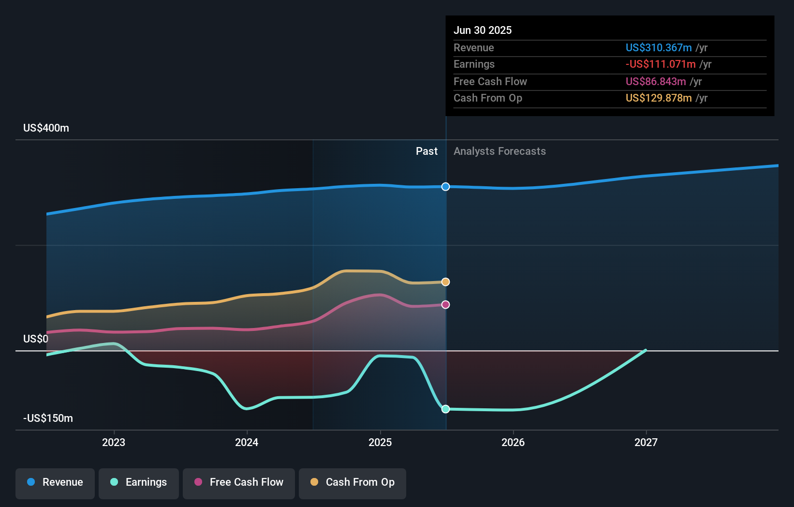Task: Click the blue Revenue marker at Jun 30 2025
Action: [445, 187]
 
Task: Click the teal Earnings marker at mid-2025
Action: [445, 409]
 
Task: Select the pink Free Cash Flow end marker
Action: [445, 304]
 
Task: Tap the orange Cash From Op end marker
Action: [445, 282]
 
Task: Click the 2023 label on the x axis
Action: [114, 442]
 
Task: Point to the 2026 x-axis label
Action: [513, 442]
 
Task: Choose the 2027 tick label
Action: [646, 442]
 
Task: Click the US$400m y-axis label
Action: [46, 128]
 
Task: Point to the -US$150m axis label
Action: [48, 418]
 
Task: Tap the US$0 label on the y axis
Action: [36, 339]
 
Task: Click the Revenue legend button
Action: [55, 482]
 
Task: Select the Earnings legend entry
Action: [139, 482]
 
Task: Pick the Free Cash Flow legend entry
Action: [239, 482]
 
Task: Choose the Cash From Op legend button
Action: [353, 482]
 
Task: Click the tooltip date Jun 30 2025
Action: [482, 30]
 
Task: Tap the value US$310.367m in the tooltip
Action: [658, 47]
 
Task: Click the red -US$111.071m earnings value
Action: [660, 64]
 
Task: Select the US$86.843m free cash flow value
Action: [655, 81]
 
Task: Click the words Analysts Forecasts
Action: [500, 151]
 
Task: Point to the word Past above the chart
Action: [426, 151]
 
